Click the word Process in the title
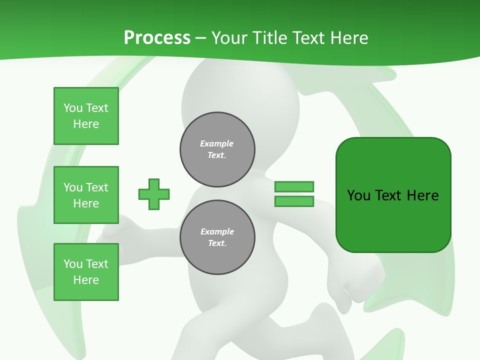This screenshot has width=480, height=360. pyautogui.click(x=157, y=37)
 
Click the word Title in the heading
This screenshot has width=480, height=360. pyautogui.click(x=268, y=37)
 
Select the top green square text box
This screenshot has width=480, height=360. pyautogui.click(x=86, y=116)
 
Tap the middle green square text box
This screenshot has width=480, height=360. pyautogui.click(x=86, y=195)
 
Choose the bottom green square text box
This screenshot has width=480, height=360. pyautogui.click(x=86, y=272)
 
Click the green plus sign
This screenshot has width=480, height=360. pyautogui.click(x=154, y=194)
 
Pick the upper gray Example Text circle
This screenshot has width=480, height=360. pyautogui.click(x=217, y=149)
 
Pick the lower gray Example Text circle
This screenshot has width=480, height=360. pyautogui.click(x=217, y=237)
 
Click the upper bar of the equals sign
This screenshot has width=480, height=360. pyautogui.click(x=294, y=186)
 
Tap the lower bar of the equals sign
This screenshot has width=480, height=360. pyautogui.click(x=294, y=201)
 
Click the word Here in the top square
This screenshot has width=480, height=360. pyautogui.click(x=86, y=124)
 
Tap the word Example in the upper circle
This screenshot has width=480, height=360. pyautogui.click(x=216, y=143)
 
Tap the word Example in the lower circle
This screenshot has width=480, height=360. pyautogui.click(x=217, y=231)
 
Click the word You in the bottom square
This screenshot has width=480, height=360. pyautogui.click(x=72, y=264)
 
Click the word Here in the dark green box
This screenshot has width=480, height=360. pyautogui.click(x=422, y=195)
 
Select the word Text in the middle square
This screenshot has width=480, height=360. pyautogui.click(x=96, y=187)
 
